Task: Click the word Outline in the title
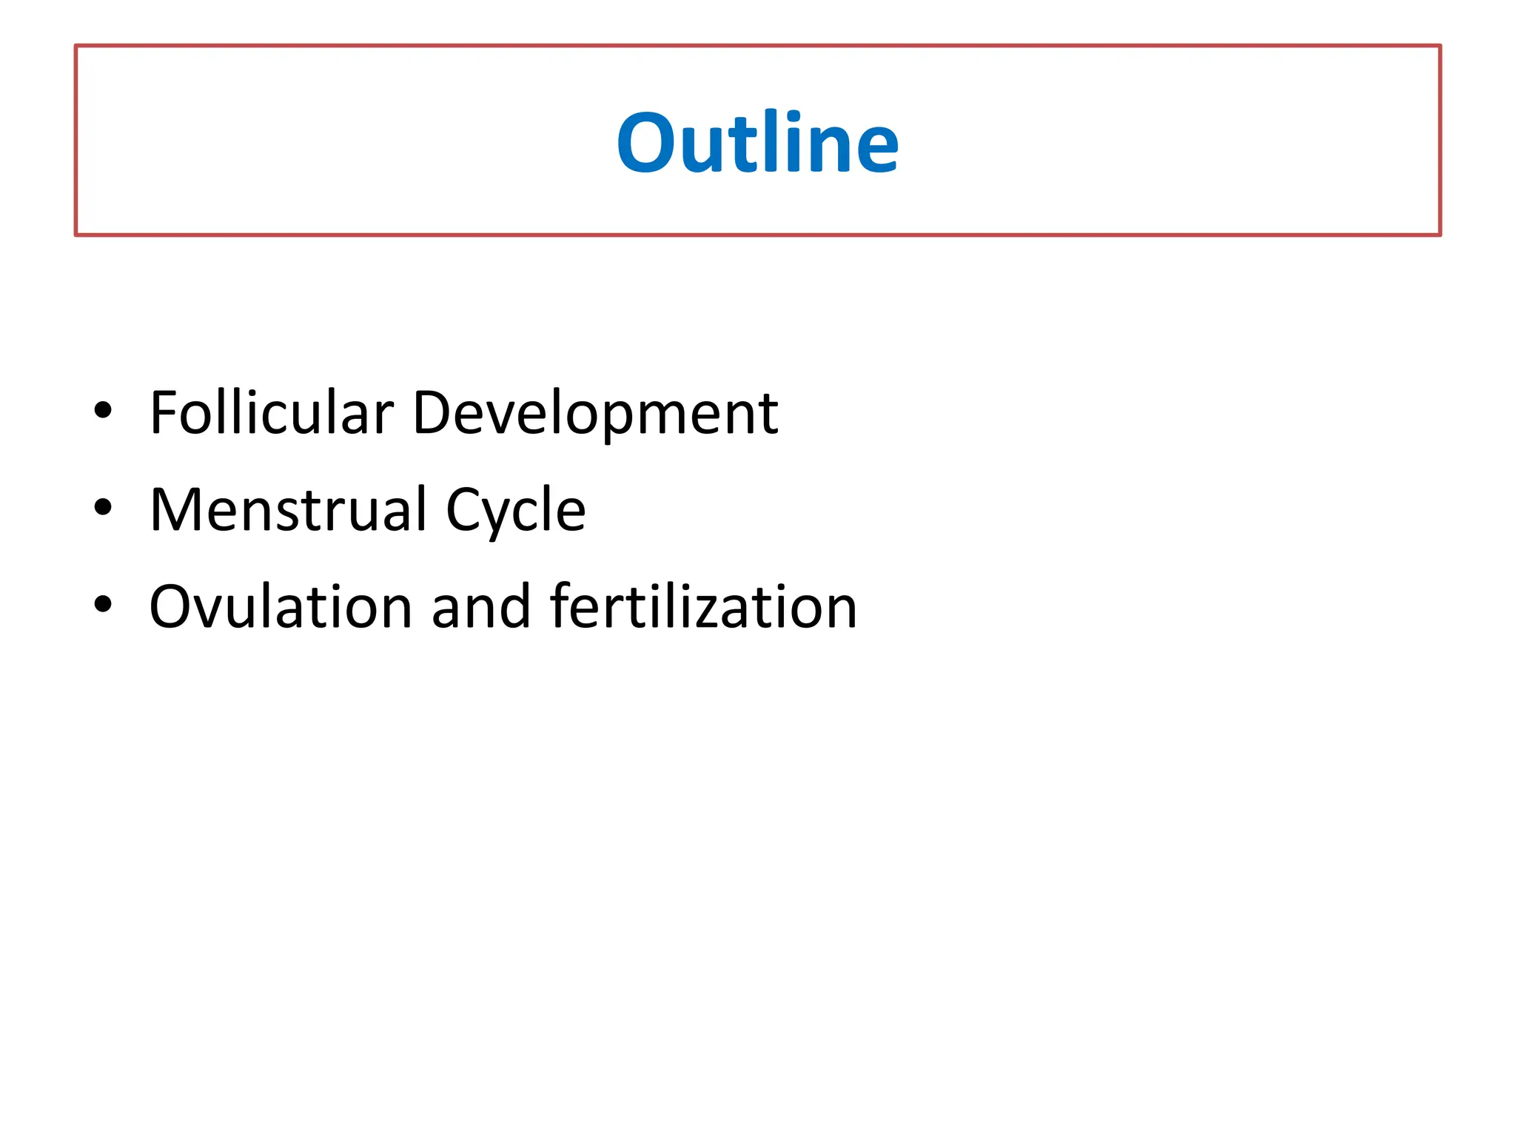coord(757,142)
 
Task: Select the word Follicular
coord(272,412)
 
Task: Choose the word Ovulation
coord(281,607)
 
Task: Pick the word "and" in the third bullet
coord(481,607)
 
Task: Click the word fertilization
coord(704,607)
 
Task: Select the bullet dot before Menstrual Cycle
coord(103,507)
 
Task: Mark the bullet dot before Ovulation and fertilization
coord(103,604)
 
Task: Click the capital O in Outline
coord(646,144)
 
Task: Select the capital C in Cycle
coord(465,509)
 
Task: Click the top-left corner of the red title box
coord(76,46)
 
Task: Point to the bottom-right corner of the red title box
coord(1440,235)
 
